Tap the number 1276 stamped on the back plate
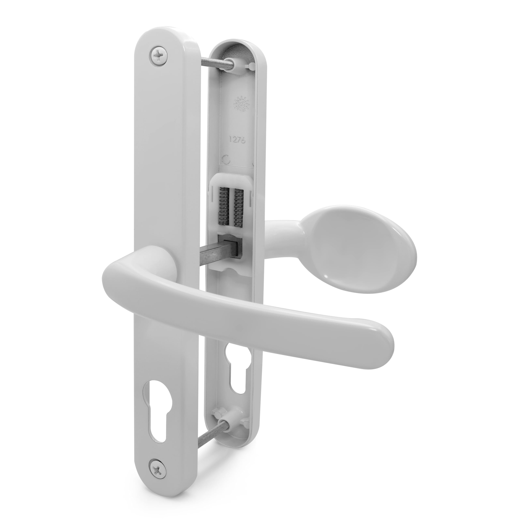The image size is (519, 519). tap(237, 139)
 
